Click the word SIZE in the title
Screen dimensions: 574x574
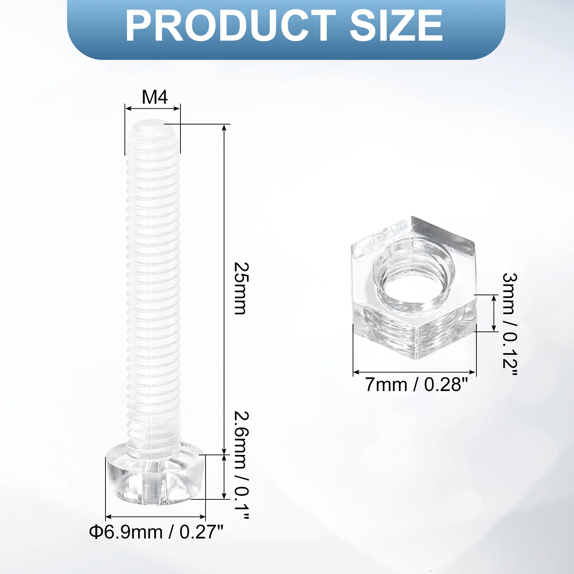pyautogui.click(x=396, y=26)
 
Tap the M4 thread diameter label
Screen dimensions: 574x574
pyautogui.click(x=155, y=97)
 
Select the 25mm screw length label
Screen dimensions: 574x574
pyautogui.click(x=241, y=288)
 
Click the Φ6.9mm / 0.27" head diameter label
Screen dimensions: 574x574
pyautogui.click(x=156, y=532)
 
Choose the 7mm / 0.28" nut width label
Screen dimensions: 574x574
pyautogui.click(x=417, y=385)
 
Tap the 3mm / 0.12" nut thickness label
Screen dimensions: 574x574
pyautogui.click(x=509, y=324)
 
